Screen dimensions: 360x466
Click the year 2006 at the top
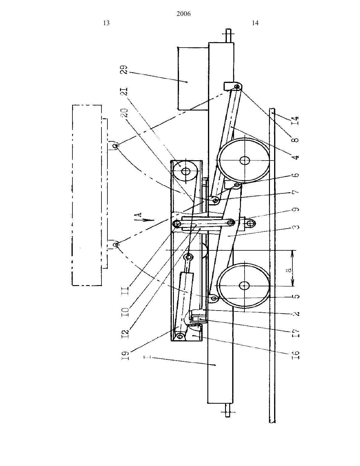coord(183,14)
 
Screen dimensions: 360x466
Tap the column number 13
coord(106,23)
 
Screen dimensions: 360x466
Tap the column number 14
coord(255,23)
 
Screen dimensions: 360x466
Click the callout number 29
coord(124,70)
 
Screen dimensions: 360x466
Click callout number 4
coord(295,157)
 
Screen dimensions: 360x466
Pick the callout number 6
coord(295,175)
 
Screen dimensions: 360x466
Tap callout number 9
coord(295,210)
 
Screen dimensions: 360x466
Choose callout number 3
coord(295,227)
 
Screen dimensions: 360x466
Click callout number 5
coord(295,296)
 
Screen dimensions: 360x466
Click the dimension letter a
coord(289,270)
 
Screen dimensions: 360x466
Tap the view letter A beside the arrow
coord(139,215)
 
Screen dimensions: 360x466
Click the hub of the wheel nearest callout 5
coord(244,286)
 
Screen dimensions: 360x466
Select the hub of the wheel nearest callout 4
coord(244,160)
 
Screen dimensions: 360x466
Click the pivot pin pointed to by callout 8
coord(237,87)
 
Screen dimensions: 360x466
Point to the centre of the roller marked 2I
coord(186,171)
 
